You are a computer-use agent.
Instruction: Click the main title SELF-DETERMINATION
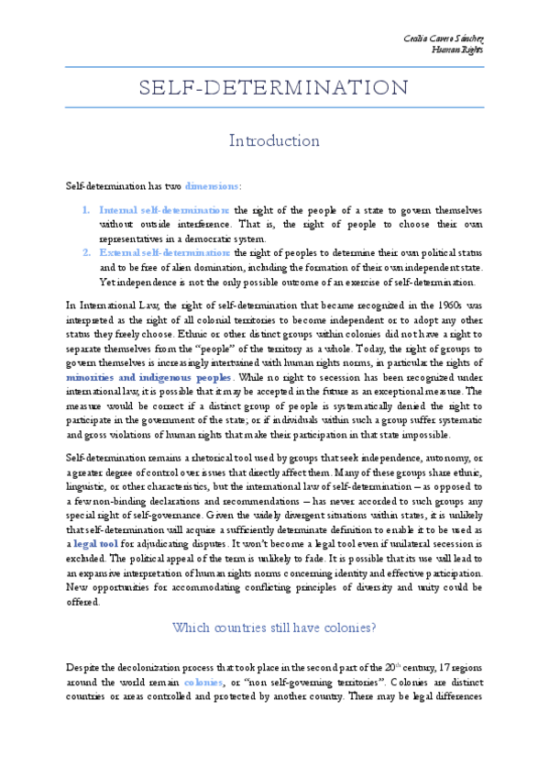tap(274, 88)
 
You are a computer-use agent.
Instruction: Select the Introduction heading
tap(274, 141)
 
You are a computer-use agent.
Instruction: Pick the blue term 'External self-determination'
tap(165, 251)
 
